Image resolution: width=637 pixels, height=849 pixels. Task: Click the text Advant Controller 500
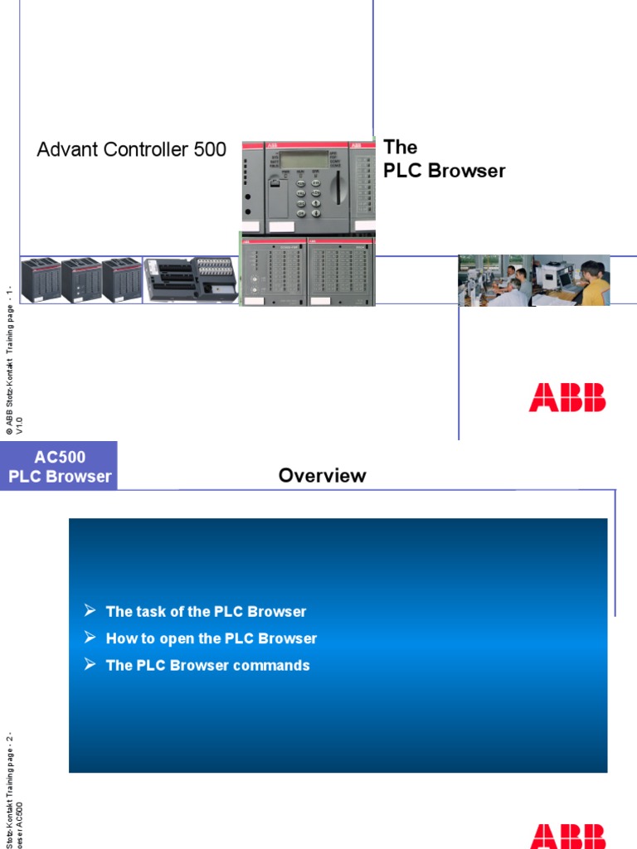pyautogui.click(x=131, y=150)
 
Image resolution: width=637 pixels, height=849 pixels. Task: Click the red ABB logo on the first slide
pyautogui.click(x=567, y=398)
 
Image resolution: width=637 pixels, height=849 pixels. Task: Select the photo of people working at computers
pyautogui.click(x=534, y=281)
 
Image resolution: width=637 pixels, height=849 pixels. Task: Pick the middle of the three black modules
pyautogui.click(x=80, y=280)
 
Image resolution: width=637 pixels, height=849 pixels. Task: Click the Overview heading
pyautogui.click(x=322, y=476)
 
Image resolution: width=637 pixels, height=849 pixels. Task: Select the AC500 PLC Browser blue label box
pyautogui.click(x=59, y=466)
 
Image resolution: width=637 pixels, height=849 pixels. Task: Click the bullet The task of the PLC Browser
pyautogui.click(x=206, y=612)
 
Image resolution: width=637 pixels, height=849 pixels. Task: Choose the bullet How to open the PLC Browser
pyautogui.click(x=212, y=638)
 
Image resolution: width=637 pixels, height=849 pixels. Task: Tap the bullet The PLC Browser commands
pyautogui.click(x=207, y=665)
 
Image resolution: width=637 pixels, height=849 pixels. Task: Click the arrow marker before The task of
pyautogui.click(x=90, y=611)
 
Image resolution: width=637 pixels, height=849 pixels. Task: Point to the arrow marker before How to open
pyautogui.click(x=90, y=638)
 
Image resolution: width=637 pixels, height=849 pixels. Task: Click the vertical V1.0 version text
pyautogui.click(x=20, y=426)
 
